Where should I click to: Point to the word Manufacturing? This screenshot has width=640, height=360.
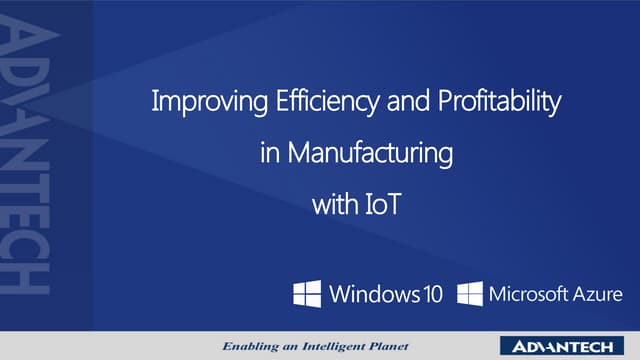point(371,154)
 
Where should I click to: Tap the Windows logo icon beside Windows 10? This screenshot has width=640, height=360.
point(307,294)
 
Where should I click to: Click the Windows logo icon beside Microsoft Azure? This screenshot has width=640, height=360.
point(470,294)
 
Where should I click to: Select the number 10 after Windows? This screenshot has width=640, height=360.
point(432,294)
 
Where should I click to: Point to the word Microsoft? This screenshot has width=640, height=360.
point(526,294)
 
